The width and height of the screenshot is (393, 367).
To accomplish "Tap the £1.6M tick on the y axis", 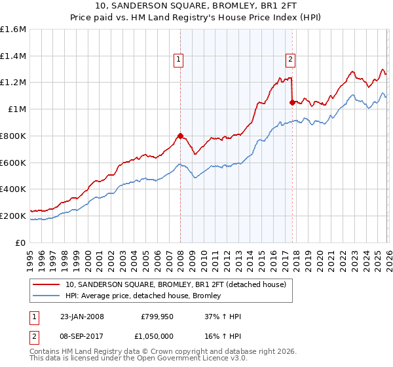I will (13, 29).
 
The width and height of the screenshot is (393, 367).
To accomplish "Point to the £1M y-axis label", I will (16, 109).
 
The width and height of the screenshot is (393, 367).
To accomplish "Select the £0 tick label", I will (21, 242).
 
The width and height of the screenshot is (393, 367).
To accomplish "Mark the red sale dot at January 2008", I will (180, 136).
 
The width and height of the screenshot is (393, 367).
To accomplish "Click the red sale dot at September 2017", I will (291, 102).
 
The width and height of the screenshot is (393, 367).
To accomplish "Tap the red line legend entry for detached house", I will (176, 285).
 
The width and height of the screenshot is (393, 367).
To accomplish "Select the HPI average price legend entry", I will (143, 296).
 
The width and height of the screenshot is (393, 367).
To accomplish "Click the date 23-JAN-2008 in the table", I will (82, 317).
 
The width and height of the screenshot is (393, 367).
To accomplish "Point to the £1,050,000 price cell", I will (157, 335).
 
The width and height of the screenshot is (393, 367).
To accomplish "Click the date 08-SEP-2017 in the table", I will (82, 335).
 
